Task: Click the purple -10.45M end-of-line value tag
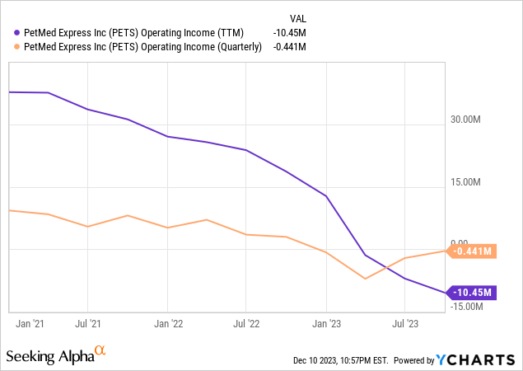tap(471, 292)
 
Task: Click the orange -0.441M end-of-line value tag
tap(471, 251)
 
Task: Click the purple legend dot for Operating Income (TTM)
tap(18, 33)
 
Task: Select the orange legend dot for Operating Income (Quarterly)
tap(18, 47)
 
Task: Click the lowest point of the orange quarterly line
tap(366, 279)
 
